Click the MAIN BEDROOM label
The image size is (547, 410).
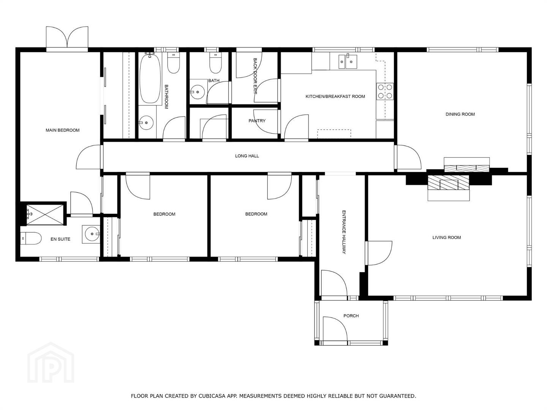tap(63, 130)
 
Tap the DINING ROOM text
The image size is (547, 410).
tap(460, 114)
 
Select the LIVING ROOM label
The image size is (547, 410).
tap(447, 238)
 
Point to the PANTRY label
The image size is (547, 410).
tap(257, 121)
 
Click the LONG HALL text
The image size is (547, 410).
tap(247, 156)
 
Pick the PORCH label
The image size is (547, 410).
tap(351, 315)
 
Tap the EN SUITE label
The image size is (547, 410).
tap(60, 239)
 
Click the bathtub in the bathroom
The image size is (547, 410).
tap(150, 79)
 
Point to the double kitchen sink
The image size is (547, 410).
tap(348, 61)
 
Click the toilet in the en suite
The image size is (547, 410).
tap(31, 238)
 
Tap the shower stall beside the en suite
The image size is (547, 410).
tap(45, 214)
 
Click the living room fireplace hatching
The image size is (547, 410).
tap(449, 183)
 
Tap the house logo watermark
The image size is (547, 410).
tap(51, 363)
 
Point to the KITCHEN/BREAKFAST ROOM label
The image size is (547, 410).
tap(335, 96)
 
